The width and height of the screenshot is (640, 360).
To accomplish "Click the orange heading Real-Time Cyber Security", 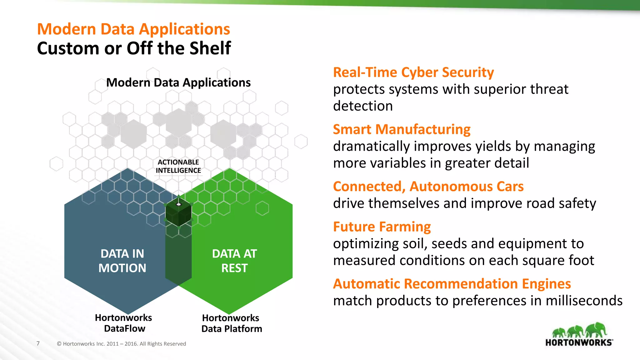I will coord(413,72).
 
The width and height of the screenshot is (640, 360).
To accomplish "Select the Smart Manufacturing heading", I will coord(402,129).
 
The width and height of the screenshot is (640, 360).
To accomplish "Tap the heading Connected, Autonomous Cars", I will coord(428,187).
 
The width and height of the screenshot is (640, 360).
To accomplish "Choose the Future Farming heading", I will coord(382,227).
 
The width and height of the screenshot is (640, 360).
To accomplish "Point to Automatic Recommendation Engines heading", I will coord(452,284).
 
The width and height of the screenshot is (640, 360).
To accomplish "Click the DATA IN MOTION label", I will coord(122,261).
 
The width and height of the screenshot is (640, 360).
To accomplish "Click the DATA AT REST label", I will coord(234,261).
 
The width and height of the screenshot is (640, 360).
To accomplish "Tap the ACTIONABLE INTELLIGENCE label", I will coord(178,166).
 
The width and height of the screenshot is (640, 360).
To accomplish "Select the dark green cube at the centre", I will coord(178,212).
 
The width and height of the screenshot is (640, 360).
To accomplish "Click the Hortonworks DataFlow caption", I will coord(124,323).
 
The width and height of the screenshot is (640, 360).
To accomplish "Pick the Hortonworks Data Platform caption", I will coord(231,323).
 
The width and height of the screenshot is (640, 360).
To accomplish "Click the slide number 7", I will coord(38,343).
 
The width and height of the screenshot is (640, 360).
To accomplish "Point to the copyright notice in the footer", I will coord(121,344).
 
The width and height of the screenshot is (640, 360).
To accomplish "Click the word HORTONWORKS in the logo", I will coord(579,342).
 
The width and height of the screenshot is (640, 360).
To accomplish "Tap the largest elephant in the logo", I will coord(596,330).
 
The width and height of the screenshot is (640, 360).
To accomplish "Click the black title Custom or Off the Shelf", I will coord(134,48).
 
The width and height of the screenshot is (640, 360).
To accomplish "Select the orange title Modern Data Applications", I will coord(133,29).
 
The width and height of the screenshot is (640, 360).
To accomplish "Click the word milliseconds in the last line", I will coord(584,301).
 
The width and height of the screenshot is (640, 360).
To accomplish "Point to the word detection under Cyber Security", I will coord(362,106).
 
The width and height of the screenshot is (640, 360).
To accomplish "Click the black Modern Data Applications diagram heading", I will coord(178,83).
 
